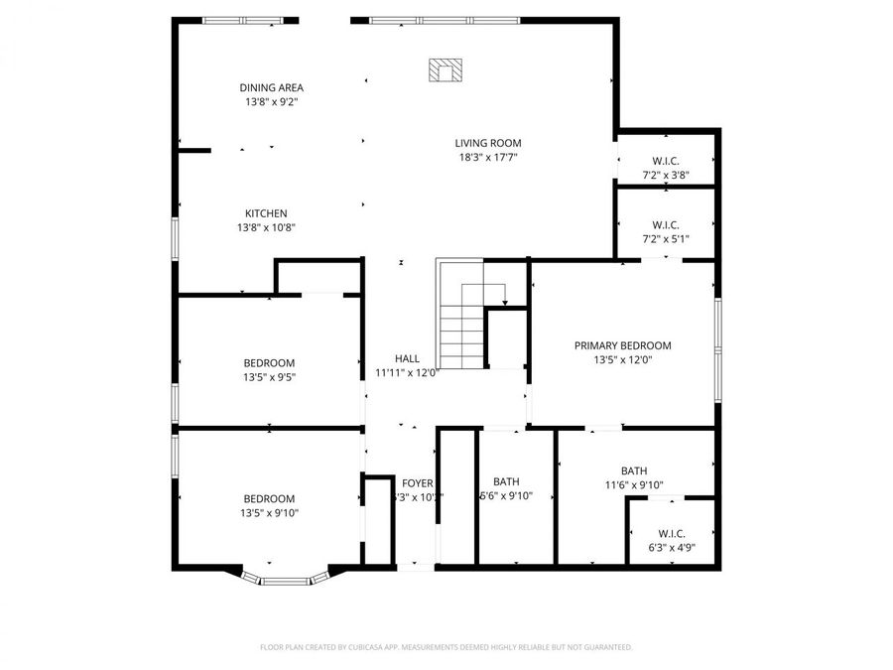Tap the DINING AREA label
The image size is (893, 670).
271,87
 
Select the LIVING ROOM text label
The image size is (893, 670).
488,143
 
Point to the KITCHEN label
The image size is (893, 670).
266,213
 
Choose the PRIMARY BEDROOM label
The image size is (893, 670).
622,345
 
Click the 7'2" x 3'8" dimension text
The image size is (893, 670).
665,176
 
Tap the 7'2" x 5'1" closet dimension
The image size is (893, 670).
665,239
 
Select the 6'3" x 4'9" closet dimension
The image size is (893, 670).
672,548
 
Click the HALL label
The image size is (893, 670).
407,359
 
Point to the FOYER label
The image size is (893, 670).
417,483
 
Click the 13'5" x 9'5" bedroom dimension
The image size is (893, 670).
269,377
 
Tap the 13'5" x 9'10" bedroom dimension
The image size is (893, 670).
269,513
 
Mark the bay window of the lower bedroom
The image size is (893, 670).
286,579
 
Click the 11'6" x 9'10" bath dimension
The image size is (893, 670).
634,485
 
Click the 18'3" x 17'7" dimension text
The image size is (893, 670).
488,157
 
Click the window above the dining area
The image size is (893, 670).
242,20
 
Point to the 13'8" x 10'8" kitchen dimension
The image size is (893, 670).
266,227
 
